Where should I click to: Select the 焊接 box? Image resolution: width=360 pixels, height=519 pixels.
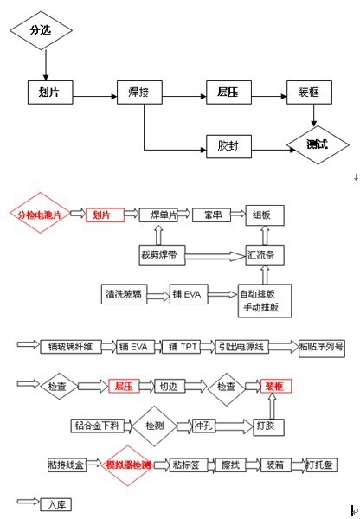click(138, 92)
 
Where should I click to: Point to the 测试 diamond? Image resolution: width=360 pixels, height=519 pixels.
click(316, 144)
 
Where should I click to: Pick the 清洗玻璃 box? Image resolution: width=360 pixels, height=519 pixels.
click(124, 296)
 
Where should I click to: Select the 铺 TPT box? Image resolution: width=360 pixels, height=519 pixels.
click(183, 347)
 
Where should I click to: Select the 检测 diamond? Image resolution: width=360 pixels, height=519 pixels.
click(154, 426)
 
